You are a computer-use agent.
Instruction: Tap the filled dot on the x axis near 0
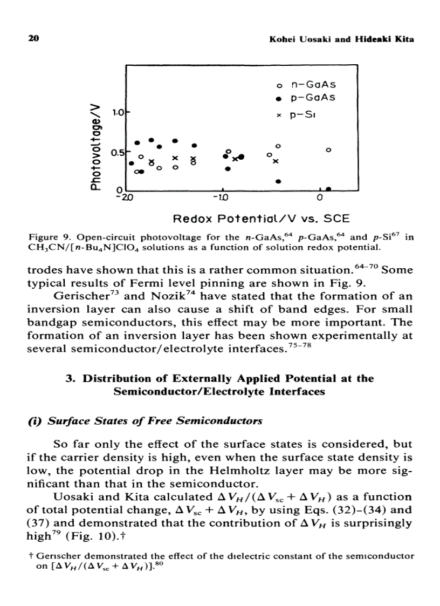click(328, 189)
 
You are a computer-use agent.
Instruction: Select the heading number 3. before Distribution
click(70, 378)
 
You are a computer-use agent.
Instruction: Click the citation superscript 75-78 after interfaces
click(290, 346)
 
